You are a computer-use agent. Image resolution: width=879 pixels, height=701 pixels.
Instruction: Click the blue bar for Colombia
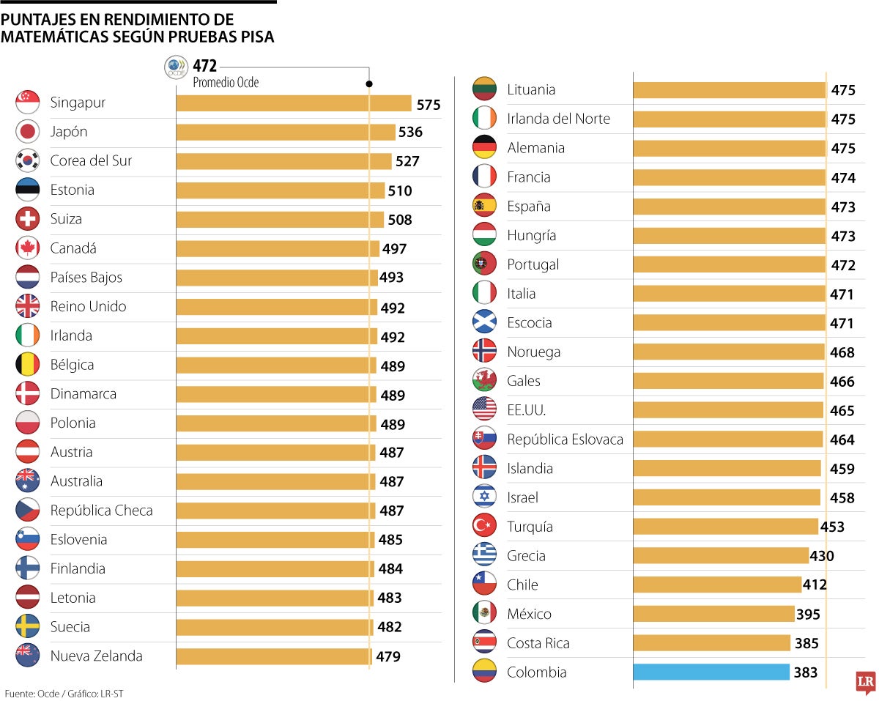pos(711,672)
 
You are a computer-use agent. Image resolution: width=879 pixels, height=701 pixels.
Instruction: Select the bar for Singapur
pos(293,103)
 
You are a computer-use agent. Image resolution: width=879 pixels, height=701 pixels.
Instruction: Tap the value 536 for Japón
pos(410,133)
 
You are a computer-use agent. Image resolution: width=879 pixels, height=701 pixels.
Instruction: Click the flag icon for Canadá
pos(27,248)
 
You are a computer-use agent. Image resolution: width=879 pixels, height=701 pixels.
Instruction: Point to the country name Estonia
pos(72,190)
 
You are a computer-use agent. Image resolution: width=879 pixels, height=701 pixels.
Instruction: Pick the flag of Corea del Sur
pos(27,160)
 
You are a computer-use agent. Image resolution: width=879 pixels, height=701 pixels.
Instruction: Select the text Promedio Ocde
pos(226,83)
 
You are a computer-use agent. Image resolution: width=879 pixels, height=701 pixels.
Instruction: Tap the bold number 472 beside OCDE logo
pos(205,66)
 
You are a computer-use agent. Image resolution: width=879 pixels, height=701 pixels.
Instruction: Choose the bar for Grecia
pos(720,555)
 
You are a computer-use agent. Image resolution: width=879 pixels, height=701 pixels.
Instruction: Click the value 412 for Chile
pos(815,585)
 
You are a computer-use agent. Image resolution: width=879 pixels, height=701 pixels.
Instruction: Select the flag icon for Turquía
pos(484,526)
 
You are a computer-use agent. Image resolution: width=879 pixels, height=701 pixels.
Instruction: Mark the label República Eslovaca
pos(565,439)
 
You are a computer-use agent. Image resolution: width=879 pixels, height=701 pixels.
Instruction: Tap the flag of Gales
pos(484,380)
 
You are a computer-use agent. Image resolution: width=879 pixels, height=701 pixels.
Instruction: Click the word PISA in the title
pos(256,37)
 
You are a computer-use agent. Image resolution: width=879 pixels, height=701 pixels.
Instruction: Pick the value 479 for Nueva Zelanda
pos(388,656)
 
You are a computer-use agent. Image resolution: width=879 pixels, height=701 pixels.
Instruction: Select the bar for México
pos(713,614)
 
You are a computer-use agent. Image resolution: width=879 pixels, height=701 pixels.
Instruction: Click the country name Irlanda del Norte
pos(558,119)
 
